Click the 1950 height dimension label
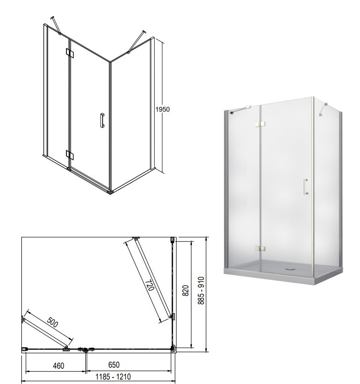coord(163,109)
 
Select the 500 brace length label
coord(53,322)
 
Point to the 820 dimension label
coord(186,290)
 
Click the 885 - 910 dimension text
coord(201,290)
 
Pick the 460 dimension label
coord(59,366)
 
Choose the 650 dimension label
coord(114,365)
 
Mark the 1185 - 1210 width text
coord(113,377)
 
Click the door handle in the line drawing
coord(102,120)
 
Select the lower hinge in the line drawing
coord(70,155)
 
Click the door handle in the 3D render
coord(305,187)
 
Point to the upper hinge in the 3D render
coord(260,125)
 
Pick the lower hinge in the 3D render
coord(260,249)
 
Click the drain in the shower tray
coord(291,268)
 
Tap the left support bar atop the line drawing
coord(56,25)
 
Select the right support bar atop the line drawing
coord(136,42)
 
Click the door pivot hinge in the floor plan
coord(85,349)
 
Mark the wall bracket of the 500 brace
coord(22,320)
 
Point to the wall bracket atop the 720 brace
coord(136,238)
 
